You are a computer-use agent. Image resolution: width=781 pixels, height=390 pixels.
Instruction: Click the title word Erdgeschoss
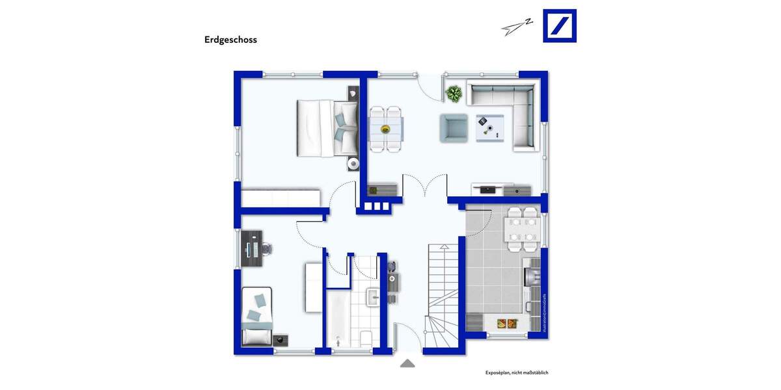230,40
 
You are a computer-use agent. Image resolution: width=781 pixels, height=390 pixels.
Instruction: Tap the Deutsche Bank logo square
560,26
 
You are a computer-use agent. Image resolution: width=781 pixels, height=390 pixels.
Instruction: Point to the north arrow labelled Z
517,26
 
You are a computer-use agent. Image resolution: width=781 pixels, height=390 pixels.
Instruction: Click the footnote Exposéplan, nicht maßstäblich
517,372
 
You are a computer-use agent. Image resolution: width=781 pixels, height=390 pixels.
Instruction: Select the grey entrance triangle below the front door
407,363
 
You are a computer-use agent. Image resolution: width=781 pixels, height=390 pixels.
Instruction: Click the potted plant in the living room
454,94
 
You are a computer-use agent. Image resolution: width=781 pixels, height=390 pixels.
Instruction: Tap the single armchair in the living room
454,127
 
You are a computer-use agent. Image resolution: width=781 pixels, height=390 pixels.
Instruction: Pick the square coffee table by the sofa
489,127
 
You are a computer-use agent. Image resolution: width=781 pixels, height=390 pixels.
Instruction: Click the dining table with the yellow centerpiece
386,129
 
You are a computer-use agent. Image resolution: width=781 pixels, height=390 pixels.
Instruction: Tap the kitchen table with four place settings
523,229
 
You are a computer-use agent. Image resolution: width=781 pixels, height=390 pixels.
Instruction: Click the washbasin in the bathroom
373,298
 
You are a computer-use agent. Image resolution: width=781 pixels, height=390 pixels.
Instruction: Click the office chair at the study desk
266,248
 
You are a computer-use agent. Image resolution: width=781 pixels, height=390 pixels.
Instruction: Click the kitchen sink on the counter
532,276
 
